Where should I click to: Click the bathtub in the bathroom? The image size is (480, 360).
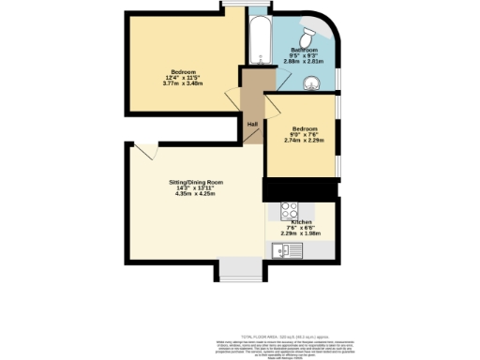click(x=259, y=41)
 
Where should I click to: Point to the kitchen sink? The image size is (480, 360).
click(x=281, y=250)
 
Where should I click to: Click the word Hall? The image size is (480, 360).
click(x=252, y=124)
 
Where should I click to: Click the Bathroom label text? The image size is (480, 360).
click(x=306, y=49)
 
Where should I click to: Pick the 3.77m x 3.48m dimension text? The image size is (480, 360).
click(x=183, y=83)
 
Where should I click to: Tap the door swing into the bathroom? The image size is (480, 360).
click(x=274, y=83)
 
